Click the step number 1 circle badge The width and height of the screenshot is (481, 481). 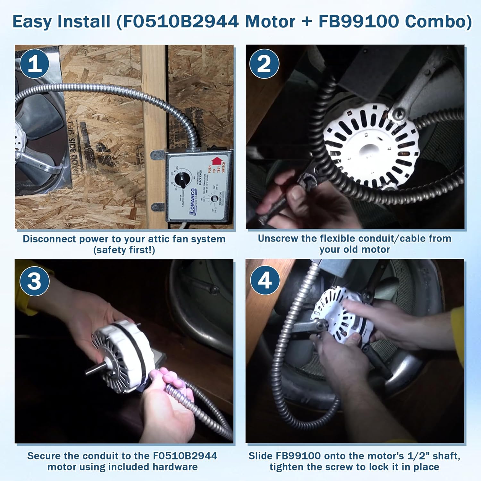35,63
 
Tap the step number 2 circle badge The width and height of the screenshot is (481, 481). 264,63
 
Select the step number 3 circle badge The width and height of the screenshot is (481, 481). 35,281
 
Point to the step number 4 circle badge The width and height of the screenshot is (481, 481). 265,280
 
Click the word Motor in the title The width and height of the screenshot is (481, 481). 270,22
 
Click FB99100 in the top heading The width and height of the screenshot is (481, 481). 359,22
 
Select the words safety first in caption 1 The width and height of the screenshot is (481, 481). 124,250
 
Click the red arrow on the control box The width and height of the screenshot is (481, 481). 217,160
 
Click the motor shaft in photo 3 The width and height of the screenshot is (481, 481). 93,369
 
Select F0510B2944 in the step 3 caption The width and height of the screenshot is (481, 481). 185,456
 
